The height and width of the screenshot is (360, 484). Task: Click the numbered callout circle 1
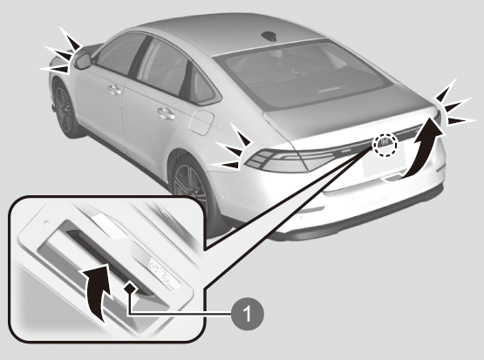[248, 314]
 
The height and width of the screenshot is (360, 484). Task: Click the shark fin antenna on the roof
[269, 36]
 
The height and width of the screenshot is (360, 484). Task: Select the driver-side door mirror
[83, 61]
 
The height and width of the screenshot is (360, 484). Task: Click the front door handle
[114, 90]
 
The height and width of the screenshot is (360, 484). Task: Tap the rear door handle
[166, 113]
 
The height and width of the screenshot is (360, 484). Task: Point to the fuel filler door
[201, 122]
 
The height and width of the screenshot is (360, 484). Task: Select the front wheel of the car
[64, 109]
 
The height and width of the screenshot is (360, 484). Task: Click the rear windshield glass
[304, 75]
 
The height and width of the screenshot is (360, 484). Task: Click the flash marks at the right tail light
[454, 104]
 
